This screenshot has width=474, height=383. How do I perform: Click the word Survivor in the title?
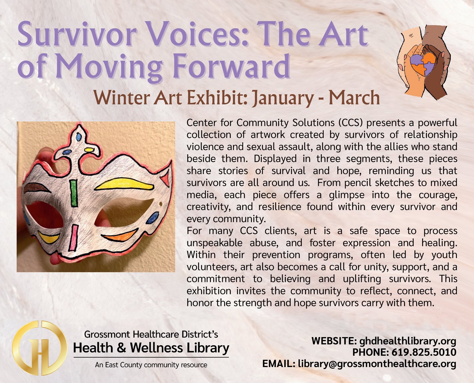pos(77,34)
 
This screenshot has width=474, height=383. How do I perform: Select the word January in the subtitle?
pos(283,98)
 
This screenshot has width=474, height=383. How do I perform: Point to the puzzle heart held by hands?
pos(423,65)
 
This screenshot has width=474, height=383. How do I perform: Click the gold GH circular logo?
pos(40,348)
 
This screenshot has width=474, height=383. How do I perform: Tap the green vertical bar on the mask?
pos(73,193)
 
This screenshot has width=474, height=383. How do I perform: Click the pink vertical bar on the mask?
pos(73,238)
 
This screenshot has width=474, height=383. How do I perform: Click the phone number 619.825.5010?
pos(424,352)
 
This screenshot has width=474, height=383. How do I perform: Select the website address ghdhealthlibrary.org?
pos(408,341)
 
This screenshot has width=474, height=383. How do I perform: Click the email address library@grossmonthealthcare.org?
pos(377,364)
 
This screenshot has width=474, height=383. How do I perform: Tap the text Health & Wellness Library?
pos(151,348)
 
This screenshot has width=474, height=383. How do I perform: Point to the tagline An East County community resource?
pos(151,365)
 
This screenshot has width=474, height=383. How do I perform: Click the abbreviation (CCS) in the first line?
pos(351,123)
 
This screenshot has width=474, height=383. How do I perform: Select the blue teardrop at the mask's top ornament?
pos(79,137)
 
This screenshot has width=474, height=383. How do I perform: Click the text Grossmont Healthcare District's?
pos(151,334)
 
